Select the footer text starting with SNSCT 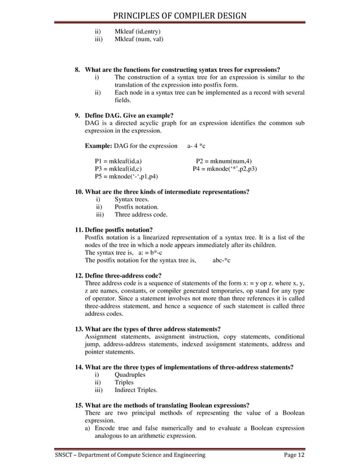pyautogui.click(x=130, y=455)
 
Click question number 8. pyautogui.click(x=78, y=69)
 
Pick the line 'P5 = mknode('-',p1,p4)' pyautogui.click(x=126, y=177)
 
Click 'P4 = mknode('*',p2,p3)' pyautogui.click(x=225, y=169)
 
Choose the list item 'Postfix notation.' pyautogui.click(x=138, y=207)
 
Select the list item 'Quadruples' pyautogui.click(x=130, y=374)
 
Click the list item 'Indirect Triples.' pyautogui.click(x=136, y=390)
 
